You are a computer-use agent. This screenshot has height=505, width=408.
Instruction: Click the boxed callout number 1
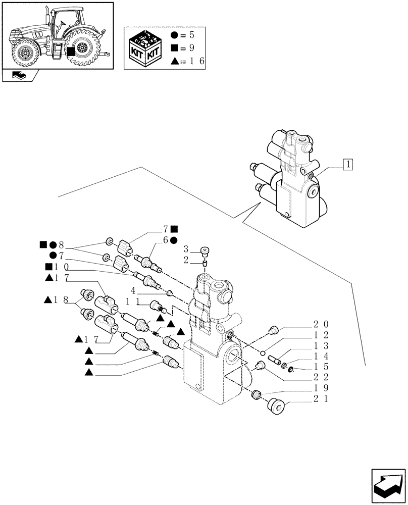348,164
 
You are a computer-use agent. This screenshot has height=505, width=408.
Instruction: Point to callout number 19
318,388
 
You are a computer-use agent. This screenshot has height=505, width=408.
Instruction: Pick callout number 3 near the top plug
186,249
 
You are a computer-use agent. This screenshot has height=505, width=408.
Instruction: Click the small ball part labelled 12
263,352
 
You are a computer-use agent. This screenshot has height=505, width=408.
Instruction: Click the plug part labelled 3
205,250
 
